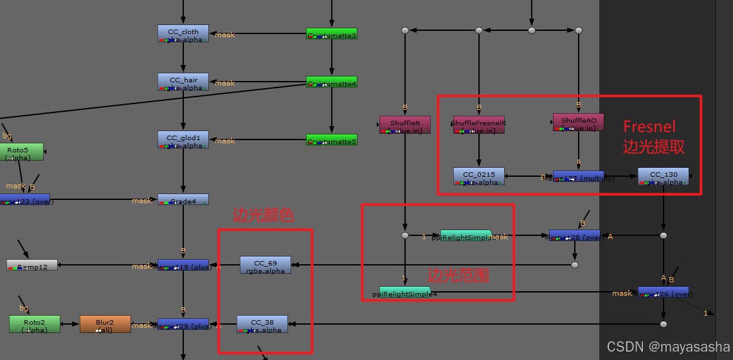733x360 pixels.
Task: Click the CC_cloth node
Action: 183,33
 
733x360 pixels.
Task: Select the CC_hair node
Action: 183,82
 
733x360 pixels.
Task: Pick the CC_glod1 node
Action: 183,139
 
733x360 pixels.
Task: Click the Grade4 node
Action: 183,200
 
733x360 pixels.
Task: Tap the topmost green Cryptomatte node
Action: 332,33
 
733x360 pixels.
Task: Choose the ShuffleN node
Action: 405,124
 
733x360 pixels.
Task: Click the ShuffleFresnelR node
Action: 478,124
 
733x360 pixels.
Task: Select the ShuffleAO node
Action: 578,122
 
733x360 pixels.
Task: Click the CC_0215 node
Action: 478,176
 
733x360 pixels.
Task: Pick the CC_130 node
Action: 663,176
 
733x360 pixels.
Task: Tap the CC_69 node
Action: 265,265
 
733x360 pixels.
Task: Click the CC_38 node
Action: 262,324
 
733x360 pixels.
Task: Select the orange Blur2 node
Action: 105,324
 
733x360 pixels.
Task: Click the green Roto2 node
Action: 34,324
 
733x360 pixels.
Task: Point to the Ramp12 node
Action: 32,265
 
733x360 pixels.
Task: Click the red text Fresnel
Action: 649,126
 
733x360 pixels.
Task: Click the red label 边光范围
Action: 458,275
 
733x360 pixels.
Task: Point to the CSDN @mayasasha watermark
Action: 668,346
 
